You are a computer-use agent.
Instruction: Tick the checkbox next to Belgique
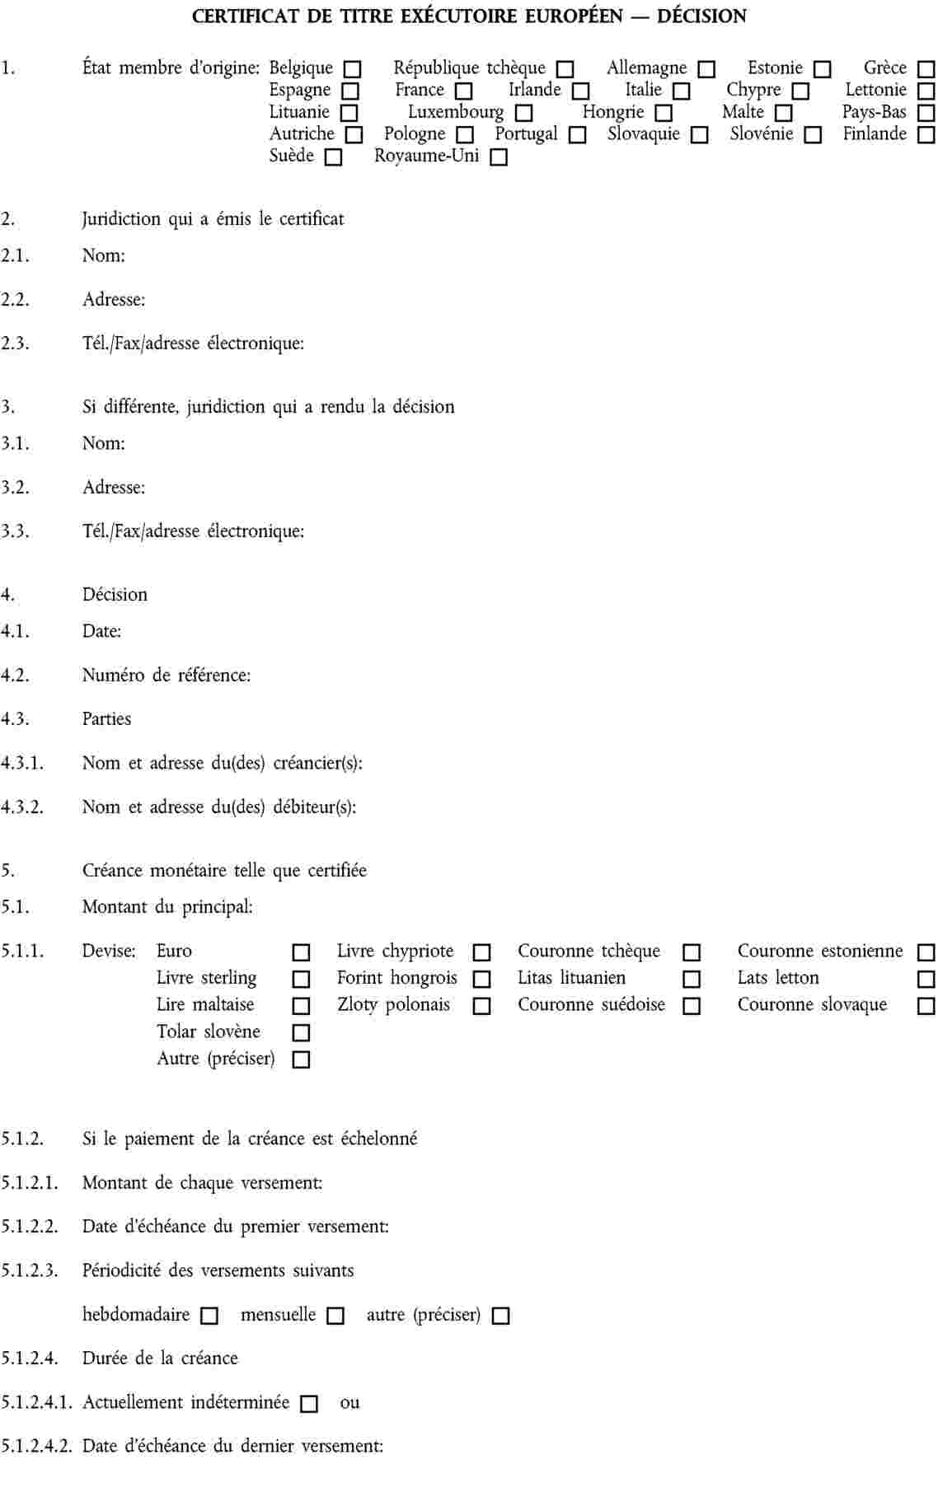(352, 69)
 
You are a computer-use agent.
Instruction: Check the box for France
(464, 91)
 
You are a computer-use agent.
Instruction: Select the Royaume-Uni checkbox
(499, 157)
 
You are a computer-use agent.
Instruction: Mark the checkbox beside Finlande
(926, 135)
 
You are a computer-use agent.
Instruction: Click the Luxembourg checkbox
(523, 113)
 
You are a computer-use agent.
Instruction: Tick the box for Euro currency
(302, 953)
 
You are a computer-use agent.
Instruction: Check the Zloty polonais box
(482, 1007)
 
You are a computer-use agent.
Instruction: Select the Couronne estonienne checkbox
(926, 953)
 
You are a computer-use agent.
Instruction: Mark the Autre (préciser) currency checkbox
(302, 1060)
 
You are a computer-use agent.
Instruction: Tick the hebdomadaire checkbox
(210, 1317)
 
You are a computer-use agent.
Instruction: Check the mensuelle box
(335, 1317)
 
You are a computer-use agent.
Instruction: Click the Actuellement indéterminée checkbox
(309, 1404)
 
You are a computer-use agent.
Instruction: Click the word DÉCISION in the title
(701, 16)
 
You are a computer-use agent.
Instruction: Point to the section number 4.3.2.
(22, 807)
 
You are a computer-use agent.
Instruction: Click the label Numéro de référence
(166, 676)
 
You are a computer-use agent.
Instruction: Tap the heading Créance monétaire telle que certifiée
(224, 871)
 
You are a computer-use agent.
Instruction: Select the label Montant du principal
(167, 907)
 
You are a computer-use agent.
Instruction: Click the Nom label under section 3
(103, 443)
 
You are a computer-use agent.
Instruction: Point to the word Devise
(109, 952)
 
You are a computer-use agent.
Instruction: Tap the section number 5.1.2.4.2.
(36, 1446)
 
